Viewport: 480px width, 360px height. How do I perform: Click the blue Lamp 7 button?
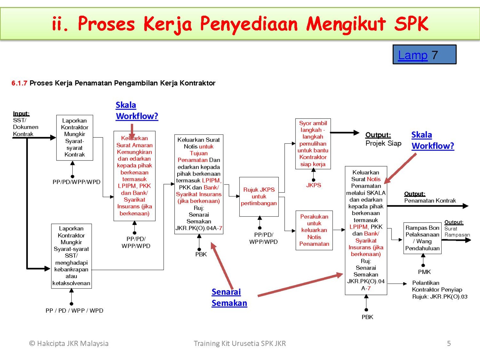point(424,54)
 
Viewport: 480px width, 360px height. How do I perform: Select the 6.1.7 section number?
point(19,83)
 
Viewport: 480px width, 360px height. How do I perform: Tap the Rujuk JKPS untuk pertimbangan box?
point(259,197)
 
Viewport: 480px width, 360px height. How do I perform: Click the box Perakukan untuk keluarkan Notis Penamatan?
point(314,230)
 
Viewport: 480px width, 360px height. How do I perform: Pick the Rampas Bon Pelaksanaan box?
point(422,238)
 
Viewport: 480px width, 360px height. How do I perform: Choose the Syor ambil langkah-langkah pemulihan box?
point(313,144)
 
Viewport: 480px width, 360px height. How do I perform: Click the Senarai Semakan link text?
point(229,298)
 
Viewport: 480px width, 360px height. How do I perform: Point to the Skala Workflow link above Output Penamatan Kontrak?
point(433,140)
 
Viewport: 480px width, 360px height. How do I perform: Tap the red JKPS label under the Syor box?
point(313,185)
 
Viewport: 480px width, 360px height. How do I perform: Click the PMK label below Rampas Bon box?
point(424,272)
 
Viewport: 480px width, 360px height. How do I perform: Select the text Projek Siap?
point(383,143)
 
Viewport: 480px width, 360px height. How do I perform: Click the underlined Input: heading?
point(21,113)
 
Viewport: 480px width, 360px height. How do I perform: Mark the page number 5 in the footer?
point(449,343)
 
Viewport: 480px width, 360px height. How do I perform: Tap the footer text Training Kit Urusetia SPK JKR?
point(240,343)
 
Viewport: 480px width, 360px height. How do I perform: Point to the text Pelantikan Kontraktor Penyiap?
point(437,286)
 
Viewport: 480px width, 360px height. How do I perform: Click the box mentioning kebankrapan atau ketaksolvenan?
point(71,256)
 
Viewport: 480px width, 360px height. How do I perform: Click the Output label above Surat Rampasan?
point(454,222)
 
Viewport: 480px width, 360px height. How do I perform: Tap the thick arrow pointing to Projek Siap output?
point(345,133)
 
